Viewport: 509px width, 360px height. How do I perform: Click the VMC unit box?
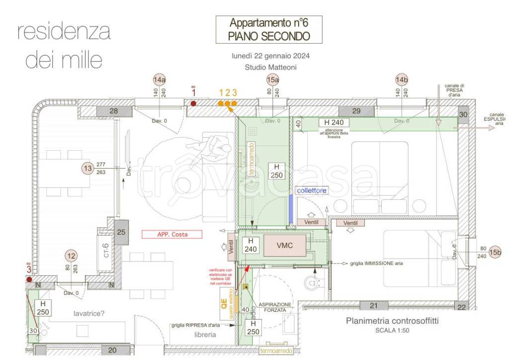285,246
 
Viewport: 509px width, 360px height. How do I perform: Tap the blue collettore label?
312,190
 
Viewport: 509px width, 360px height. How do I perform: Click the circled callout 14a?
160,80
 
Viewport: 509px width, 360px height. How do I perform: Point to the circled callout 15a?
273,80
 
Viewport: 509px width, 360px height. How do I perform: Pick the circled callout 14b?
402,80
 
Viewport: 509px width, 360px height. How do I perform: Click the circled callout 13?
88,169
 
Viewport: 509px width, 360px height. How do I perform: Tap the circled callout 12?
71,256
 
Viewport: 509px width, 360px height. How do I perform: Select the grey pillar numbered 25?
121,232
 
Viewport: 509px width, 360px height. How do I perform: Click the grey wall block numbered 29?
356,111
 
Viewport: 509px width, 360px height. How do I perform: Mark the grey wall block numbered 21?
373,305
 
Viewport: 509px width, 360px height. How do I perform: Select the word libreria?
205,335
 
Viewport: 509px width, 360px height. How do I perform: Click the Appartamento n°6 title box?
268,29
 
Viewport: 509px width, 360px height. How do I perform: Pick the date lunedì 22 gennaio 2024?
270,56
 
